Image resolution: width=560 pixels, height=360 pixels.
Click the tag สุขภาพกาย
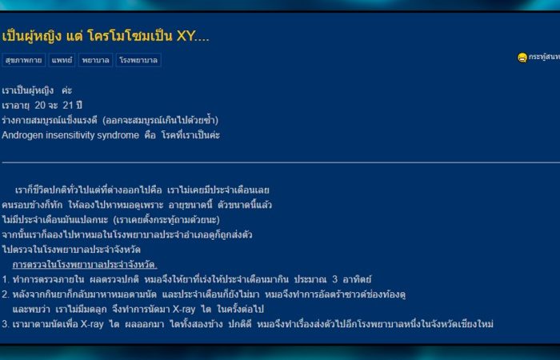coord(23,60)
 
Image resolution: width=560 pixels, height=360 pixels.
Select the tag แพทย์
coord(62,60)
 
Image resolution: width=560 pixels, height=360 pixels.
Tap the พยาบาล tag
coord(96,60)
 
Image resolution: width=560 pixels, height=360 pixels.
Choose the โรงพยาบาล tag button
coord(138,60)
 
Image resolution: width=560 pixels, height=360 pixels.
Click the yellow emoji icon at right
coord(522,58)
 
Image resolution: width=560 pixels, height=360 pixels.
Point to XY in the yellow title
coord(185,36)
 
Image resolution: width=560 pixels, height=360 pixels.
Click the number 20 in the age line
coord(40,106)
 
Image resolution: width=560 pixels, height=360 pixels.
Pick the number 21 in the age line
coord(68,106)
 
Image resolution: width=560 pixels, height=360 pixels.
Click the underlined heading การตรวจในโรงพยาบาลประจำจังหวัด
coord(85,265)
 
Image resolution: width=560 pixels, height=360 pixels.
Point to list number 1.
coord(5,279)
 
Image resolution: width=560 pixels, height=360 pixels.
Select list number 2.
coord(5,294)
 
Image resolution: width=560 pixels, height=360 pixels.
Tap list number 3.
coord(5,324)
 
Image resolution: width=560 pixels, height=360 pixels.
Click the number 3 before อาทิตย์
coord(334,279)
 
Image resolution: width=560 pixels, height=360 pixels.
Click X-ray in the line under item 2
coord(184,310)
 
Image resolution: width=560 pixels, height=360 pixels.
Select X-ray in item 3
coord(92,324)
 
